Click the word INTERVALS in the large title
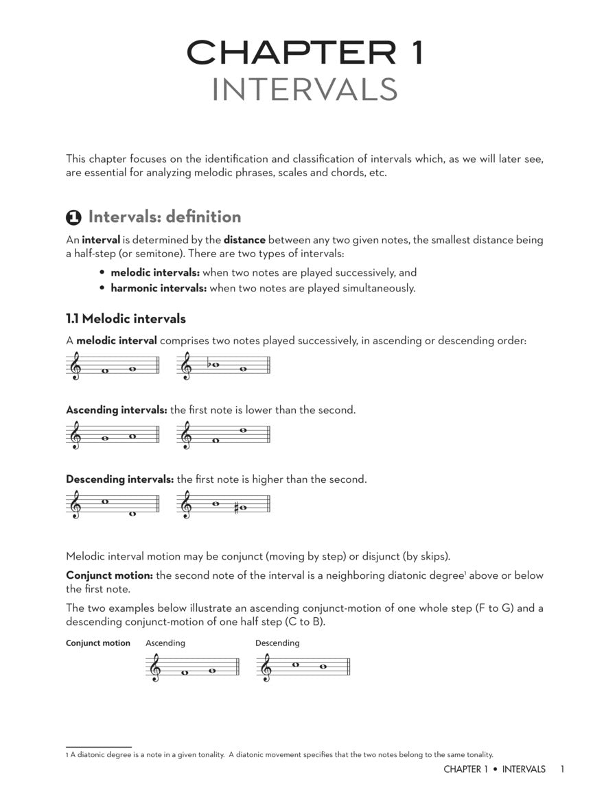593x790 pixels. click(304, 90)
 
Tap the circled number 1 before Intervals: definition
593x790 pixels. click(73, 217)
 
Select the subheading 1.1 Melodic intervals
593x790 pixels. click(126, 319)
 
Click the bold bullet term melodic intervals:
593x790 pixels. click(155, 272)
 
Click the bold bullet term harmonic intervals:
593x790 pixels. click(159, 288)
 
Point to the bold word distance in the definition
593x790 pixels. click(244, 240)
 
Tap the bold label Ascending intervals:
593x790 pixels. click(117, 410)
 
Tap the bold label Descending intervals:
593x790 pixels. click(119, 479)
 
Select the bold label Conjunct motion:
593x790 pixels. click(109, 575)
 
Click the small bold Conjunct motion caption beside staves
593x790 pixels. click(97, 643)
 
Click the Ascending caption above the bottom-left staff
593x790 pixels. click(165, 643)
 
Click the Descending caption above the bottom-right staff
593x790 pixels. click(277, 643)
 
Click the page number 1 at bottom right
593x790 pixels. click(561, 769)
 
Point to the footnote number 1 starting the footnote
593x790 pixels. click(67, 754)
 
